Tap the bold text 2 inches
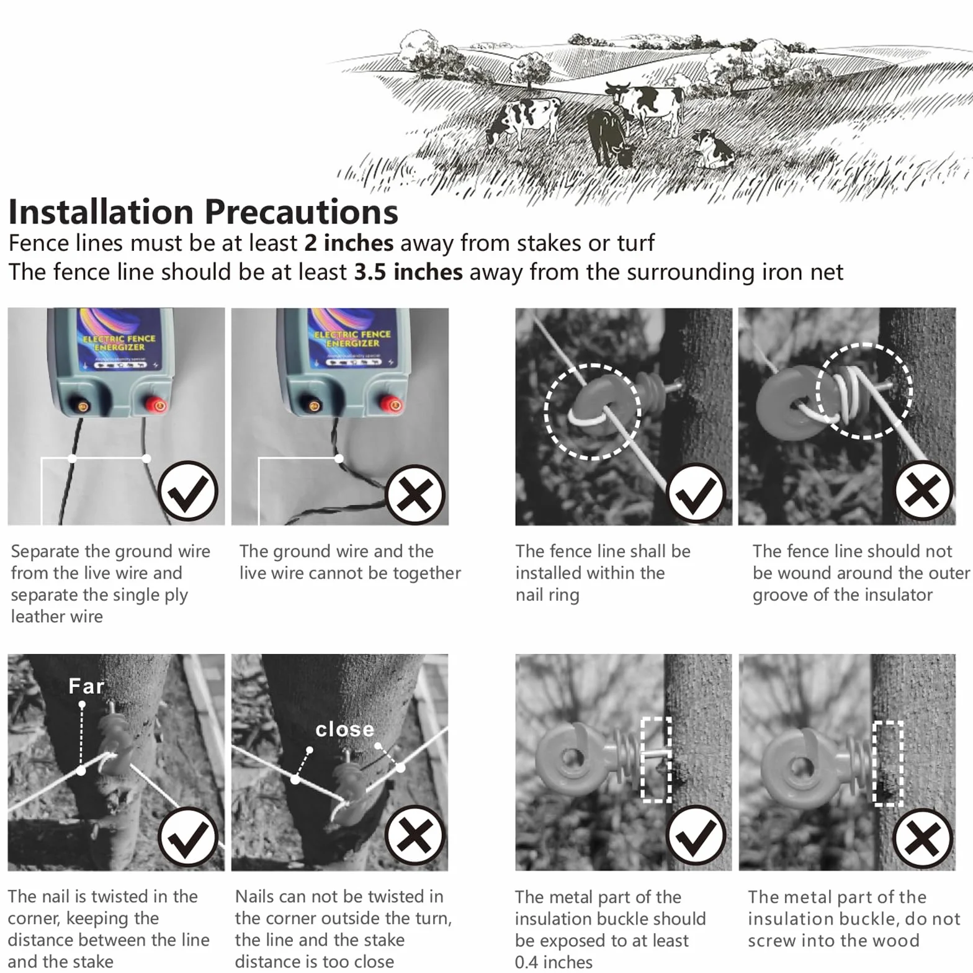tap(349, 243)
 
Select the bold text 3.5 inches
tap(408, 272)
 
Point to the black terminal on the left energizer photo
tap(82, 406)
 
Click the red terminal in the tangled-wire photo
tap(392, 405)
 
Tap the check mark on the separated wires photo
tap(188, 491)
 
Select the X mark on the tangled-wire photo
tap(415, 495)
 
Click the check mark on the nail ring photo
tap(696, 493)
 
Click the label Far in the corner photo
tap(86, 686)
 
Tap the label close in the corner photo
tap(344, 729)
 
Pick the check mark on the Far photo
tap(188, 837)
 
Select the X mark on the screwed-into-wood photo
tap(923, 838)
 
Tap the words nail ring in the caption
tap(547, 594)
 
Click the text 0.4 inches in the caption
tap(554, 962)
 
